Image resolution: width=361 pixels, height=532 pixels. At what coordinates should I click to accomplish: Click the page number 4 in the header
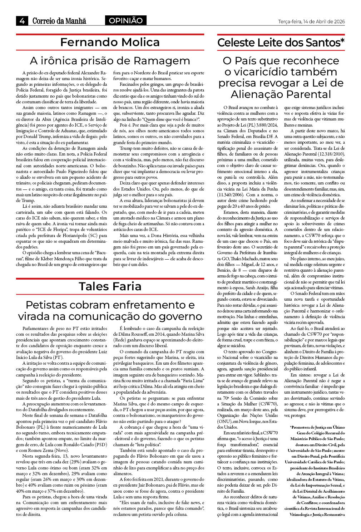click(x=22, y=21)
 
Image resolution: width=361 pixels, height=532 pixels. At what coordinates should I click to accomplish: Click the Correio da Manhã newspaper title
click(x=59, y=21)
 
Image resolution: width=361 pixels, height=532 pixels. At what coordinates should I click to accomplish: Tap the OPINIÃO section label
click(x=125, y=21)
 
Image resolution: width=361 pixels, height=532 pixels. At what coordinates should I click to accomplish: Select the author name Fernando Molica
click(x=110, y=42)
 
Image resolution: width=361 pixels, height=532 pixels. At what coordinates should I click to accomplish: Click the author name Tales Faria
click(x=110, y=286)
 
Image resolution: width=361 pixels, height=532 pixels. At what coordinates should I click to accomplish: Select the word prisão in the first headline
click(x=105, y=60)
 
